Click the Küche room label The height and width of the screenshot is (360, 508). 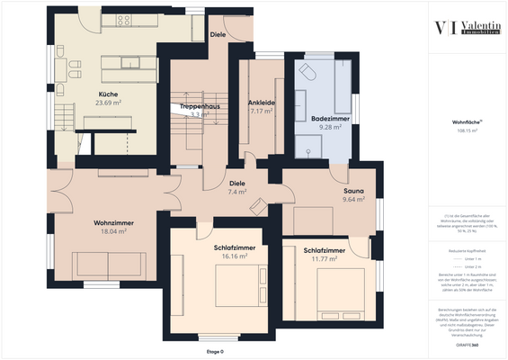109,93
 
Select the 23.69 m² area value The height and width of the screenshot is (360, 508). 109,102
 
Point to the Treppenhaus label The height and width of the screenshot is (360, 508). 200,106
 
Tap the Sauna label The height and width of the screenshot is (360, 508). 353,191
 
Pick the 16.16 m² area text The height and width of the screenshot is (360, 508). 234,256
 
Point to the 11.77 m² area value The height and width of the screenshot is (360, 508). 323,259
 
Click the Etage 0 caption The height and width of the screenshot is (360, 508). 214,351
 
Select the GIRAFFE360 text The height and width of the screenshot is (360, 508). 468,346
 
